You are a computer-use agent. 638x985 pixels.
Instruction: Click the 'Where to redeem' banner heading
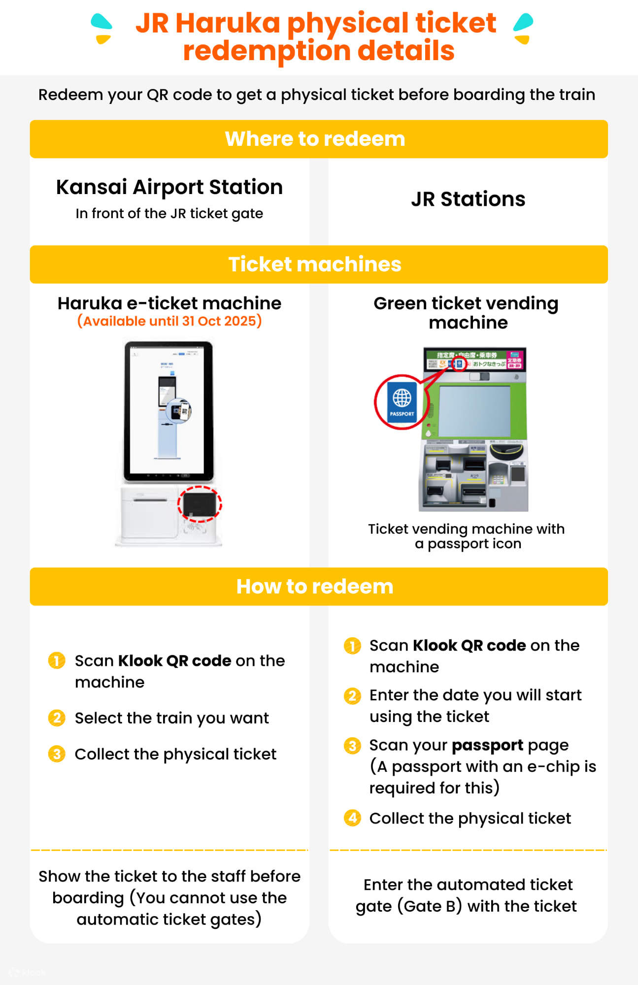[x=315, y=139]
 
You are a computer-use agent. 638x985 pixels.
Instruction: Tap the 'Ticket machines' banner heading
[x=315, y=264]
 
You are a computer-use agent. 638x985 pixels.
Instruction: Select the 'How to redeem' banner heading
[x=315, y=587]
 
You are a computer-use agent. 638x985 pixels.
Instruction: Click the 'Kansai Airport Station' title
[x=169, y=187]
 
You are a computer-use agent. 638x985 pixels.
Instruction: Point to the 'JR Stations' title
[x=468, y=199]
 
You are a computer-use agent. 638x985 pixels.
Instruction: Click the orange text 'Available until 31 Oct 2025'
[x=169, y=321]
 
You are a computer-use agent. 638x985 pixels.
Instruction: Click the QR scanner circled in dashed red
[x=200, y=504]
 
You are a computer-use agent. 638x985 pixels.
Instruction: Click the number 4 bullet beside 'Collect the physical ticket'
[x=352, y=818]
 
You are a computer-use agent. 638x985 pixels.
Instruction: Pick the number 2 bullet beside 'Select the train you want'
[x=57, y=718]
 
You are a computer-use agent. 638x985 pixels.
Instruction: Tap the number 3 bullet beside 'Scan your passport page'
[x=352, y=746]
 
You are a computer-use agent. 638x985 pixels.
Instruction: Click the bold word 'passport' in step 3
[x=487, y=746]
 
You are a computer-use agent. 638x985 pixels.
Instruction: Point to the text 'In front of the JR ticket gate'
[x=169, y=214]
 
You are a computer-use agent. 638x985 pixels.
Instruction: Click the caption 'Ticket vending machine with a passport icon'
[x=466, y=536]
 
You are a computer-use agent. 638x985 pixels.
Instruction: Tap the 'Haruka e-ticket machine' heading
[x=169, y=303]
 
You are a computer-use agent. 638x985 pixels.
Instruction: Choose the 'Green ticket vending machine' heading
[x=466, y=313]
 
